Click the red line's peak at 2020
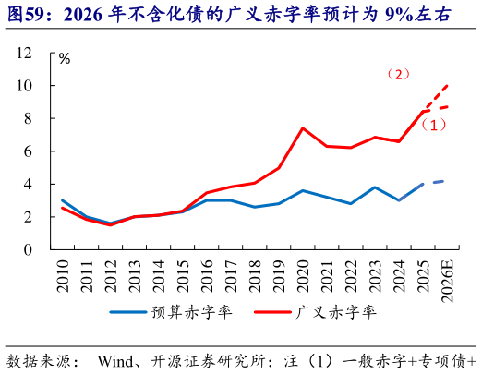pos(303,128)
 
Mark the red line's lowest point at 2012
pos(111,224)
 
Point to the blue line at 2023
pos(375,187)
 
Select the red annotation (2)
pos(398,74)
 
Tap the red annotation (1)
pos(434,124)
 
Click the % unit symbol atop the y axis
pos(65,58)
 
